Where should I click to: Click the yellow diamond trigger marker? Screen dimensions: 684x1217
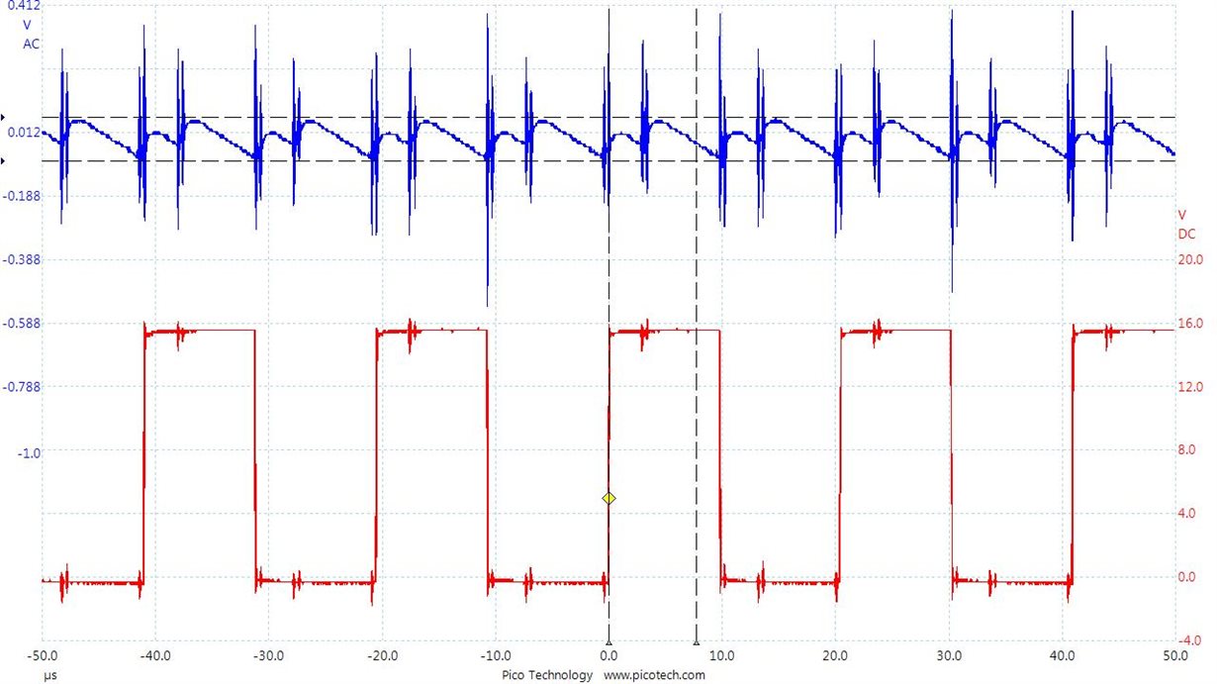click(608, 498)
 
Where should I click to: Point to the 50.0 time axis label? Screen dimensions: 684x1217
click(1174, 655)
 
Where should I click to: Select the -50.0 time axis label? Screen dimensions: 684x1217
click(43, 655)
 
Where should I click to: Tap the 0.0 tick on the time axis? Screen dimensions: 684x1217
click(608, 655)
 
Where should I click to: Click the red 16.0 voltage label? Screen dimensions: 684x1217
click(1187, 324)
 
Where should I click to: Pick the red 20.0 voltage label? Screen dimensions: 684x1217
click(1187, 259)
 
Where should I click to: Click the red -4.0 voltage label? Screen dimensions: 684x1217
click(1187, 639)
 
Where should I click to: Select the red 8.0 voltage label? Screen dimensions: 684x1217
click(1187, 450)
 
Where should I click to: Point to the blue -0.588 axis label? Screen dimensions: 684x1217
click(22, 324)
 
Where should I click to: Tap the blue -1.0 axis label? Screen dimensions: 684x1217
click(30, 452)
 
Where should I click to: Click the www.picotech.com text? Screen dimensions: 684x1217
click(654, 675)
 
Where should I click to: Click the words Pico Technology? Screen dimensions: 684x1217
click(547, 675)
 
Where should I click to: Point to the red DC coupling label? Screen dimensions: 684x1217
click(1185, 235)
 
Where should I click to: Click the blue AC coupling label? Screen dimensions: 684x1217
click(32, 44)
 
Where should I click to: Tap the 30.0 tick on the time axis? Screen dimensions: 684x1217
click(950, 655)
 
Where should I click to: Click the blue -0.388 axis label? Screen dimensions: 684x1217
click(22, 259)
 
